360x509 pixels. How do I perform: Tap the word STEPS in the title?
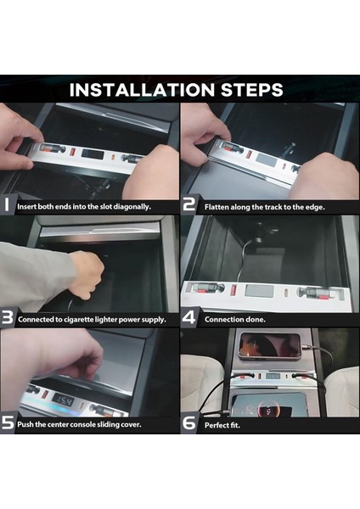click(x=250, y=89)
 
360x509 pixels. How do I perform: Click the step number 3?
click(x=7, y=319)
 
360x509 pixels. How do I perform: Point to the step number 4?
click(x=188, y=319)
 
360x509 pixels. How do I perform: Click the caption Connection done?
click(x=235, y=320)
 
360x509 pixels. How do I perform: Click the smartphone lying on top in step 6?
click(x=270, y=345)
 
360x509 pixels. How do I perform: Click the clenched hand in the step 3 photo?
click(x=87, y=274)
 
